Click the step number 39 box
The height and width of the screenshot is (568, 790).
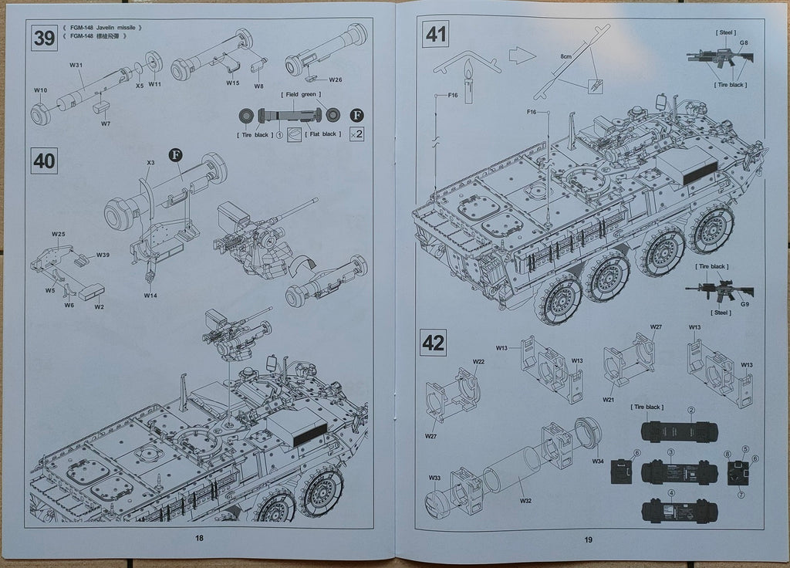[x=44, y=37]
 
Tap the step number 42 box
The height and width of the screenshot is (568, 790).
[x=434, y=342]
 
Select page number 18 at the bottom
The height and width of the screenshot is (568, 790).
[x=199, y=539]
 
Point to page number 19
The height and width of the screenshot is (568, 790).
[x=589, y=539]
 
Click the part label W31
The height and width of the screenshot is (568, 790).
[x=76, y=66]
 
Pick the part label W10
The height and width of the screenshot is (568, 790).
[x=40, y=90]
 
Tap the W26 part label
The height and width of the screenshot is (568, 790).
[x=336, y=79]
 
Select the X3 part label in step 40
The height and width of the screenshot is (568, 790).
[x=151, y=163]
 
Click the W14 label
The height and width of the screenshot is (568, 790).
[x=150, y=295]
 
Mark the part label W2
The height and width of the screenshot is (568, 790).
[x=100, y=306]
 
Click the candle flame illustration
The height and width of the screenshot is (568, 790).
[x=467, y=75]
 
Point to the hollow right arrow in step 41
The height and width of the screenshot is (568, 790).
[x=522, y=55]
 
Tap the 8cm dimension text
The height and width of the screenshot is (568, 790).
[x=566, y=57]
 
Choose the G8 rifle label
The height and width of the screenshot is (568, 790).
[x=744, y=43]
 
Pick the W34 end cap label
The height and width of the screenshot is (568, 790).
[x=598, y=461]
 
